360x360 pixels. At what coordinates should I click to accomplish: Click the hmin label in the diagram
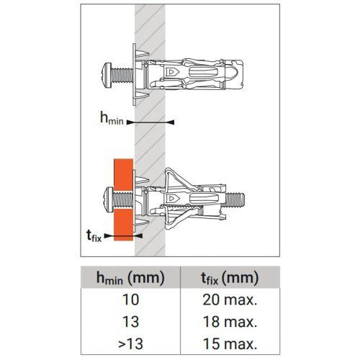point(112,120)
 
